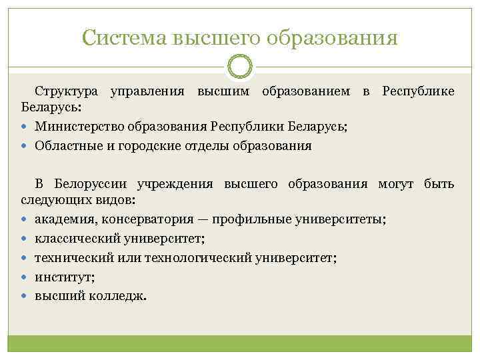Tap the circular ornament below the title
pyautogui.click(x=240, y=67)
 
